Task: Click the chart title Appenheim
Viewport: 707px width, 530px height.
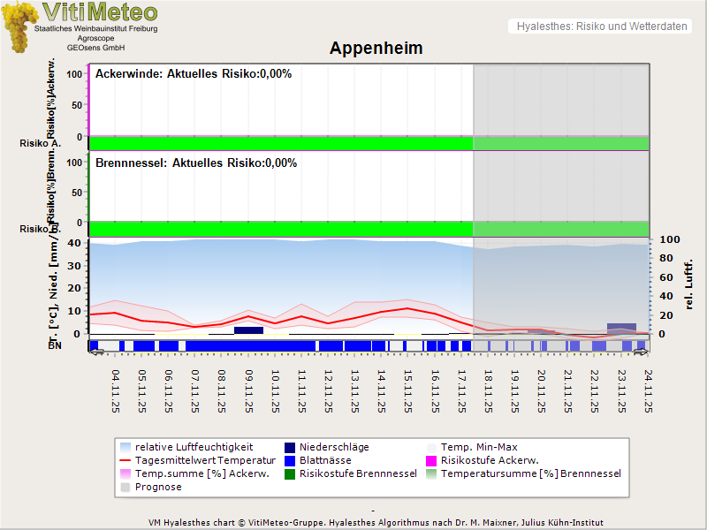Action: pyautogui.click(x=376, y=49)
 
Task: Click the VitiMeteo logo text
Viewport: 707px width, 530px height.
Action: pyautogui.click(x=100, y=12)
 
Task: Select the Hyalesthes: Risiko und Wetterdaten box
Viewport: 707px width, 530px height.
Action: pyautogui.click(x=601, y=26)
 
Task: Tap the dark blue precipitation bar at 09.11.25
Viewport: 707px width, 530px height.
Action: pyautogui.click(x=248, y=330)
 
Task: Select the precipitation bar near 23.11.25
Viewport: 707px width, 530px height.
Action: pyautogui.click(x=621, y=327)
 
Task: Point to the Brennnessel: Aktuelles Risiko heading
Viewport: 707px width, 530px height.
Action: pyautogui.click(x=196, y=163)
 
